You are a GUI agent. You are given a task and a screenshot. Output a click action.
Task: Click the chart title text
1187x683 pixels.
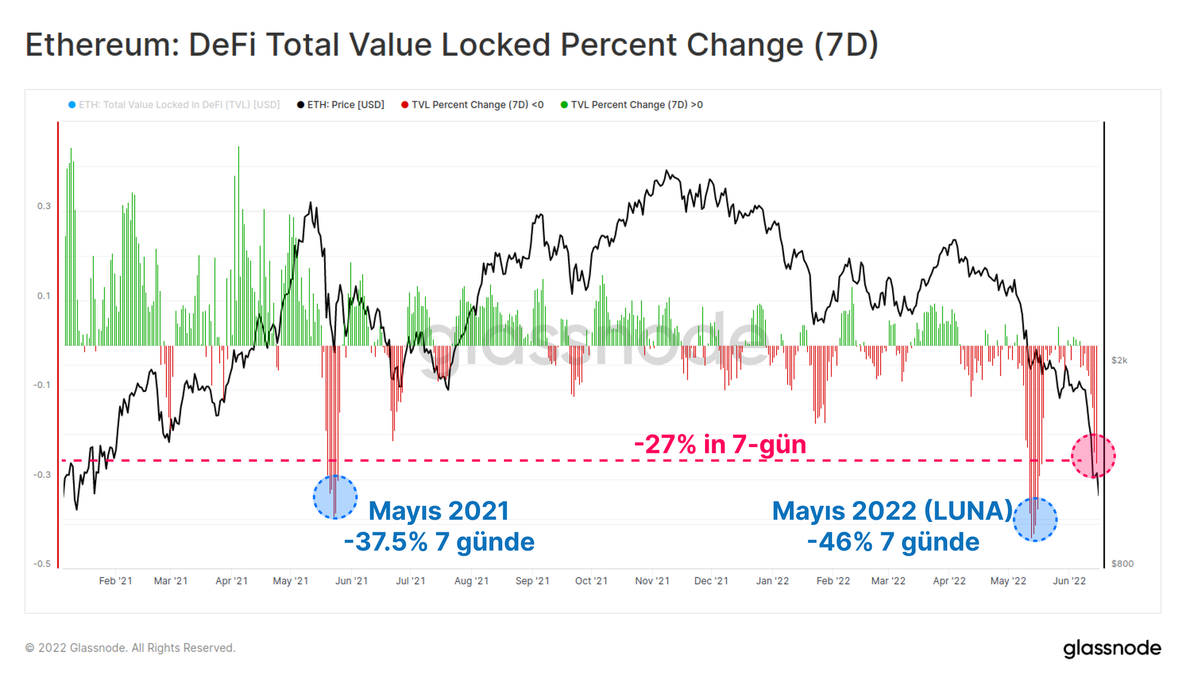pyautogui.click(x=451, y=45)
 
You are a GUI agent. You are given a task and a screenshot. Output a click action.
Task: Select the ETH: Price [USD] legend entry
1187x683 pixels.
pyautogui.click(x=341, y=105)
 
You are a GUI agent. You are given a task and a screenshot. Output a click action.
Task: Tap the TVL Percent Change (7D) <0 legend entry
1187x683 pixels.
pyautogui.click(x=472, y=105)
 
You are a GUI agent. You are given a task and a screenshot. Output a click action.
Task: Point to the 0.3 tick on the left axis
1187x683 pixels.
pyautogui.click(x=44, y=206)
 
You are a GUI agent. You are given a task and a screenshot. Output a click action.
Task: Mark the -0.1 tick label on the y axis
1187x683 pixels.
pyautogui.click(x=42, y=385)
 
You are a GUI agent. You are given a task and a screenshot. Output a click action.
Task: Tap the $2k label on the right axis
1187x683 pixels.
pyautogui.click(x=1119, y=361)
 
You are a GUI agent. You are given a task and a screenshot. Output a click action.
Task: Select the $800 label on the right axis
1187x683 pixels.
pyautogui.click(x=1122, y=564)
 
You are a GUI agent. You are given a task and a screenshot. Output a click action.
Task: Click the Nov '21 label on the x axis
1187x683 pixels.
pyautogui.click(x=652, y=581)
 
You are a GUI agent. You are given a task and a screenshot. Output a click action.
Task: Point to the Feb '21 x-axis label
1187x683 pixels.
pyautogui.click(x=116, y=581)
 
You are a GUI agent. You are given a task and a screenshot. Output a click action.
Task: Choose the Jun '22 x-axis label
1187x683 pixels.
pyautogui.click(x=1069, y=581)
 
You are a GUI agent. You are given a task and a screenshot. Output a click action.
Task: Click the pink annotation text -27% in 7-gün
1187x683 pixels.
pyautogui.click(x=720, y=444)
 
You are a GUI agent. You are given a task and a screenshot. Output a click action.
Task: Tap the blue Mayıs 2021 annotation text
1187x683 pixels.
pyautogui.click(x=439, y=511)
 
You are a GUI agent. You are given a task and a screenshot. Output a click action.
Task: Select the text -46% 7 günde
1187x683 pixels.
pyautogui.click(x=893, y=542)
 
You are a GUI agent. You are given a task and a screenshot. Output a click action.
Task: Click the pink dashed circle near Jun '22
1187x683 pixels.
pyautogui.click(x=1093, y=456)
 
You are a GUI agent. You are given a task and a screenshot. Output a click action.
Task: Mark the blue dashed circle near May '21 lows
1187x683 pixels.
pyautogui.click(x=335, y=497)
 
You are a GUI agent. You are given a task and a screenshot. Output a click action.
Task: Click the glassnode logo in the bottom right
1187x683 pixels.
pyautogui.click(x=1112, y=648)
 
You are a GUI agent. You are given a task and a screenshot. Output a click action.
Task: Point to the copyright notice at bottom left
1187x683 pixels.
pyautogui.click(x=130, y=648)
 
